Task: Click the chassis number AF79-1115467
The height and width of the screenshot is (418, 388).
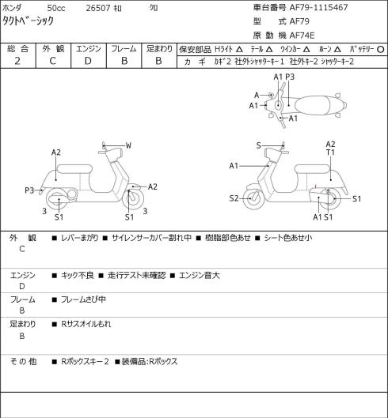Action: (x=318, y=7)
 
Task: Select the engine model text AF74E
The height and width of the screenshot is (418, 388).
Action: (x=302, y=36)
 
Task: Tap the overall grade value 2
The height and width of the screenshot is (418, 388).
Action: (x=17, y=62)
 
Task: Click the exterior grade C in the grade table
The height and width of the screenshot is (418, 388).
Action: (x=52, y=62)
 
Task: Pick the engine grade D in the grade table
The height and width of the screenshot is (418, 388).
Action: (x=88, y=62)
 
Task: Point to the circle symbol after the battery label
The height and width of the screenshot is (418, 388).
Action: (x=381, y=50)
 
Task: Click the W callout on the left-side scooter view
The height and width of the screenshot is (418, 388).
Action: (x=128, y=145)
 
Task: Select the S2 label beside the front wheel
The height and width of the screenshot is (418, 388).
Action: (x=234, y=198)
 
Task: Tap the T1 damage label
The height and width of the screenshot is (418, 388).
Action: (x=330, y=153)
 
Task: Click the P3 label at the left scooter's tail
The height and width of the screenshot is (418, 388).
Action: (x=29, y=190)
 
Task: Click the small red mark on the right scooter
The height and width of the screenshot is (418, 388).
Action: (x=316, y=186)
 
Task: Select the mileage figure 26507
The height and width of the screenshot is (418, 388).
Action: (x=98, y=8)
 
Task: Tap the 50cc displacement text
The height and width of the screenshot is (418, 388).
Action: (x=56, y=8)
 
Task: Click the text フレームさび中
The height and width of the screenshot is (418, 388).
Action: (x=83, y=299)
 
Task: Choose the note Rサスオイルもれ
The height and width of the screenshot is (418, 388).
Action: (x=86, y=324)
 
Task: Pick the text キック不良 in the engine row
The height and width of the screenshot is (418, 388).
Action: (x=78, y=275)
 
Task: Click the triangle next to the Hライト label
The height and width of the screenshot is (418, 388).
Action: (x=239, y=50)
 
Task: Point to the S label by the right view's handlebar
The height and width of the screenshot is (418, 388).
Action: (x=258, y=146)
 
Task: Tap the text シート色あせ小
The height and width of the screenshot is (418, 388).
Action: (x=288, y=238)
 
